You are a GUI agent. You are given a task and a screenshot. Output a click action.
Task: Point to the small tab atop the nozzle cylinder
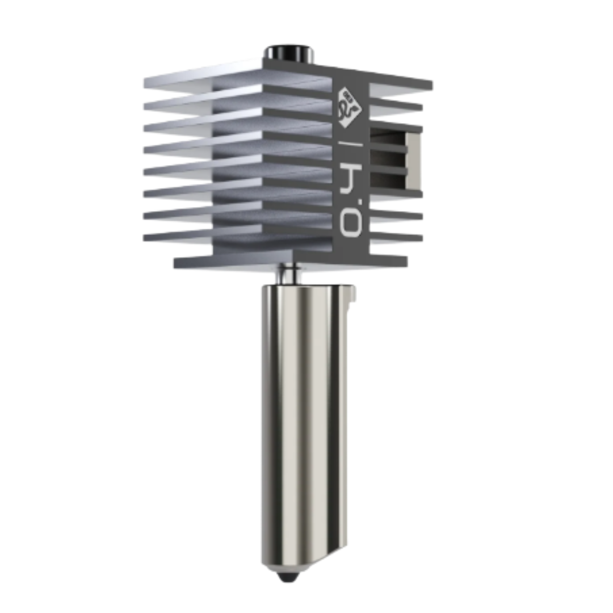click(x=351, y=293)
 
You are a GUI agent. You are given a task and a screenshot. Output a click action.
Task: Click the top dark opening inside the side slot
click(x=387, y=137)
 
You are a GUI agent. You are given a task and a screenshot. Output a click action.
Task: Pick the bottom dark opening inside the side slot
click(x=387, y=180)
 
